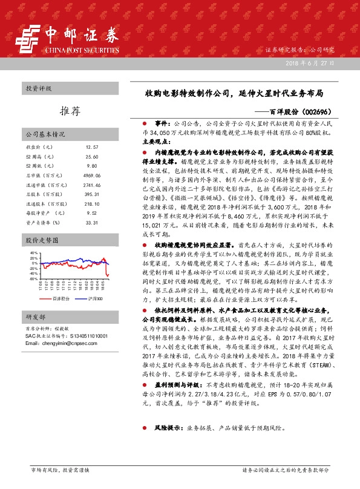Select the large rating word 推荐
pos(71,111)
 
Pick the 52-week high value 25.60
pos(92,157)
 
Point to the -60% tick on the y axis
pos(33,279)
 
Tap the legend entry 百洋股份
pos(61,299)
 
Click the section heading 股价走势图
pos(42,240)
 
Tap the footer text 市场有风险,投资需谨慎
pos(60,470)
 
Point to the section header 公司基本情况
pos(45,134)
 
